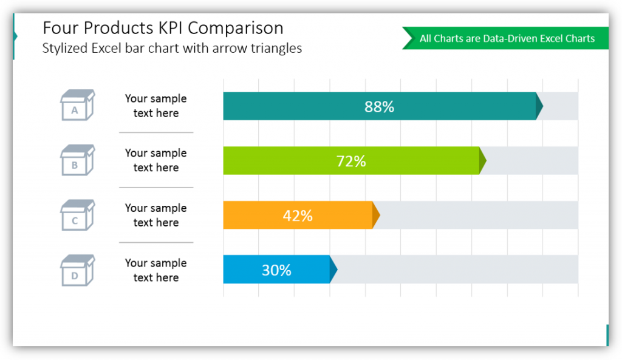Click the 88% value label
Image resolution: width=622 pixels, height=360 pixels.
click(x=379, y=107)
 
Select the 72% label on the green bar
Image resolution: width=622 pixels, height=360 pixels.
click(x=351, y=161)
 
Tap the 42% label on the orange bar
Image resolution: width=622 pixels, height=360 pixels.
click(x=298, y=216)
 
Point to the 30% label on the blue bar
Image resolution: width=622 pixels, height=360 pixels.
click(x=276, y=270)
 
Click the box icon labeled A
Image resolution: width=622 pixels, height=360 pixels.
click(x=77, y=105)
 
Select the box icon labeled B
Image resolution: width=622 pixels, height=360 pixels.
click(x=77, y=160)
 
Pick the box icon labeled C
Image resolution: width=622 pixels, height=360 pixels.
click(x=77, y=216)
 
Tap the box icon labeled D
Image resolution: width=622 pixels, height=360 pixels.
click(x=77, y=270)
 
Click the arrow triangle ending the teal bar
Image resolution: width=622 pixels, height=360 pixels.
click(x=539, y=106)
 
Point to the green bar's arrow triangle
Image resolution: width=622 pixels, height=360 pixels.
click(x=483, y=161)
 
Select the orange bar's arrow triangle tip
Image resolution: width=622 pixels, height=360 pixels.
click(x=376, y=216)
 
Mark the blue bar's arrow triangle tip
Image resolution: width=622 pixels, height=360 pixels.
click(x=333, y=270)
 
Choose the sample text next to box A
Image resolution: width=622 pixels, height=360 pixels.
click(x=155, y=106)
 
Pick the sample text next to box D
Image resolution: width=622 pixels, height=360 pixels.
click(x=155, y=270)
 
